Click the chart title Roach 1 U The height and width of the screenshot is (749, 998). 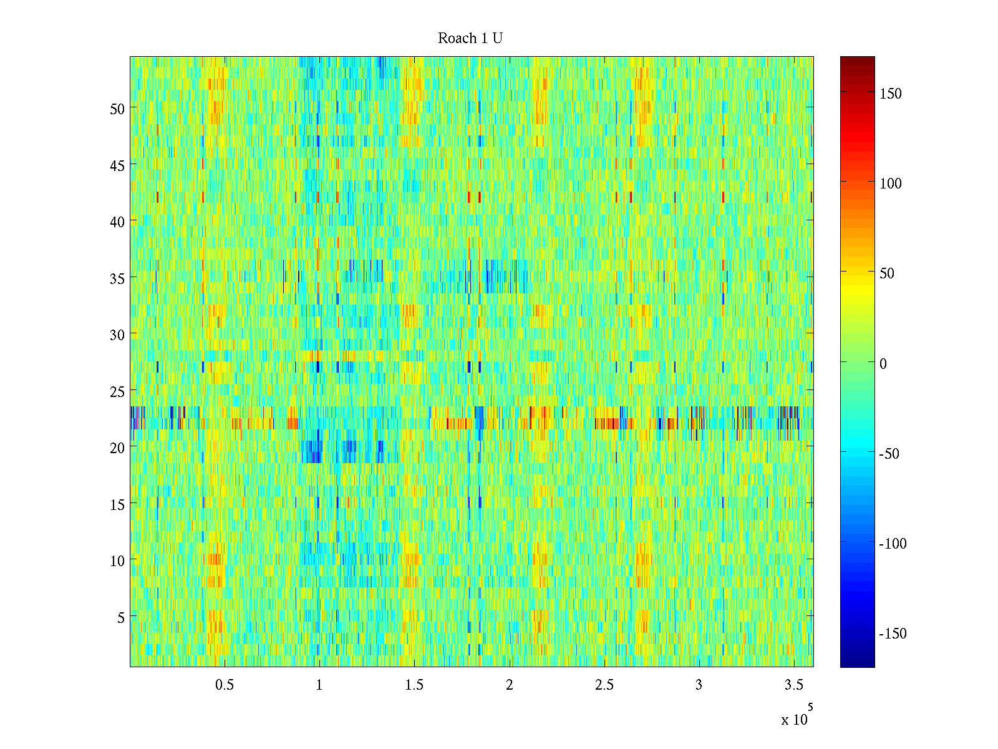tap(470, 39)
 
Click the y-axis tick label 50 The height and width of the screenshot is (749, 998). tap(117, 109)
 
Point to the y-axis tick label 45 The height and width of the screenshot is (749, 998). tap(117, 165)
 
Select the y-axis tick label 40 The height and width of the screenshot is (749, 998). tap(117, 222)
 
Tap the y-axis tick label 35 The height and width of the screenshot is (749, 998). tap(117, 278)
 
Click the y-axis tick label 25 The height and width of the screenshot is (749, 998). tap(117, 391)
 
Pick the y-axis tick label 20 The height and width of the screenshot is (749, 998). tap(117, 448)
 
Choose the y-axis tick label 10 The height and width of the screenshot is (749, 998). tap(117, 561)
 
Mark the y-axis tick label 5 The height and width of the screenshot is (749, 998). tap(121, 617)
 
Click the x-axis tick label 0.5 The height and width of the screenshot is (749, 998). tap(225, 685)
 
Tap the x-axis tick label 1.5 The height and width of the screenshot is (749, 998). tap(414, 685)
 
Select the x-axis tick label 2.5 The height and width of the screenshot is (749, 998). tap(604, 685)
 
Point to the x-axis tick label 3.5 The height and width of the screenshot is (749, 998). tap(793, 685)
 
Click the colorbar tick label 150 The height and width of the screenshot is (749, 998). tap(890, 94)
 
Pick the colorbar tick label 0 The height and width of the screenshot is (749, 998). tap(883, 364)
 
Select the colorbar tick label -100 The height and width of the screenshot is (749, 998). tap(893, 544)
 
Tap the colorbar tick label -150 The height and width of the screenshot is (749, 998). tap(893, 634)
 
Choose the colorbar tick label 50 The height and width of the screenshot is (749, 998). tap(886, 274)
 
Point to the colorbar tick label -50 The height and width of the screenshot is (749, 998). tap(889, 454)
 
